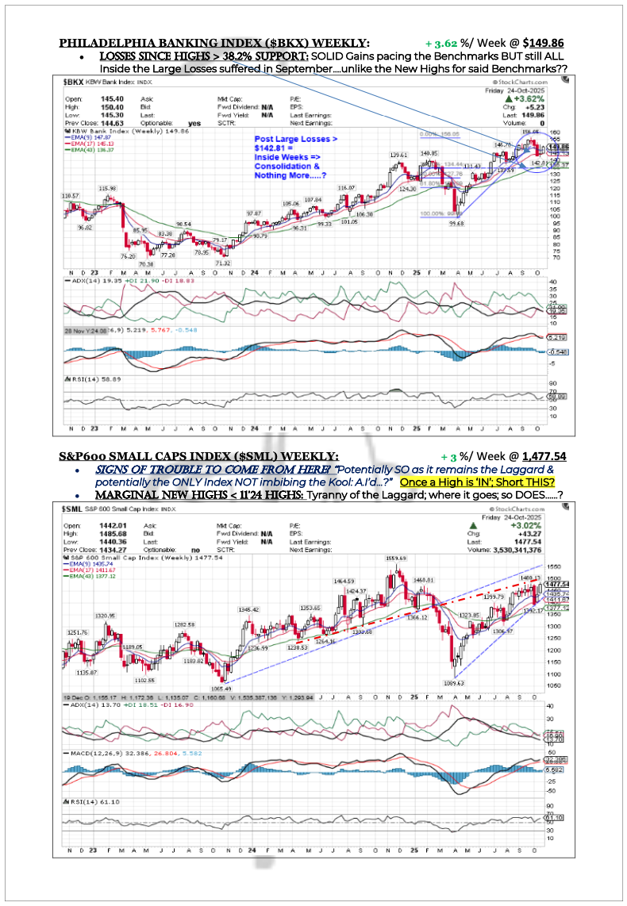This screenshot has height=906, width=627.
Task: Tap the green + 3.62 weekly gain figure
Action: pos(441,43)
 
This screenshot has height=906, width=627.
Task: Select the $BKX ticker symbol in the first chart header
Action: pos(74,81)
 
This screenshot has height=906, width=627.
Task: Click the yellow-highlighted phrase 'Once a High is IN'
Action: pos(486,482)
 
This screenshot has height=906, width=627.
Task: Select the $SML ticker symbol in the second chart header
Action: pos(75,507)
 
